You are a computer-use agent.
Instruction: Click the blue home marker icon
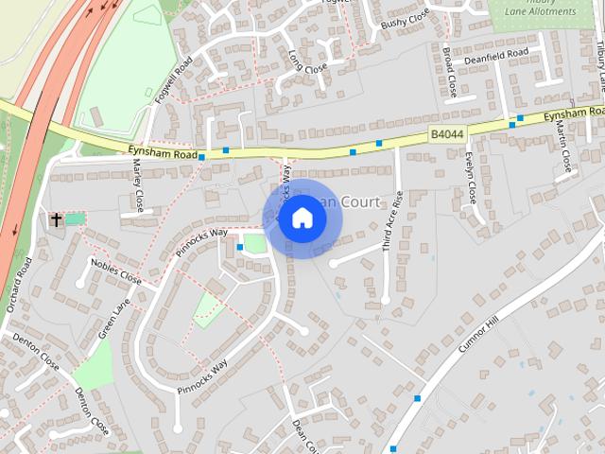302,218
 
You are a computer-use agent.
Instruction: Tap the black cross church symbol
56,219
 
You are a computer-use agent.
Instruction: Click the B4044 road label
447,136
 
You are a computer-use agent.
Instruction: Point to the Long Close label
307,61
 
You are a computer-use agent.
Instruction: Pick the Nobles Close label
115,271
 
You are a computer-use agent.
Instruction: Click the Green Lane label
114,319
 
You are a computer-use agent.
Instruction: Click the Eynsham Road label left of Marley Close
163,153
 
